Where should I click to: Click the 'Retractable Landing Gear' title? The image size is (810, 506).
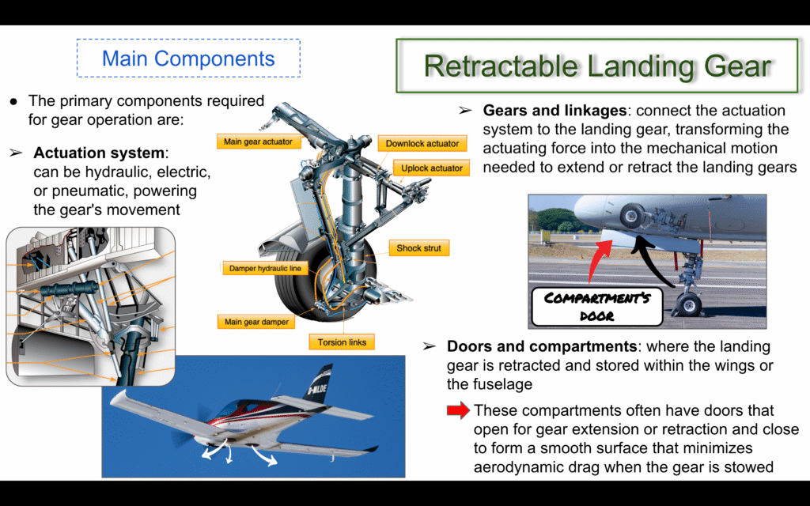pyautogui.click(x=597, y=66)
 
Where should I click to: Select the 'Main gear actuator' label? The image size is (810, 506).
pyautogui.click(x=259, y=142)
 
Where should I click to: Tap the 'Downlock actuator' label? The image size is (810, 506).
pyautogui.click(x=422, y=144)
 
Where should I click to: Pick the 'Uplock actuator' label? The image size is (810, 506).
pyautogui.click(x=432, y=168)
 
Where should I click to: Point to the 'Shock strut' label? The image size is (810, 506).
pyautogui.click(x=419, y=247)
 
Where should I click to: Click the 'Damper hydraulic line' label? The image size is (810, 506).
pyautogui.click(x=266, y=268)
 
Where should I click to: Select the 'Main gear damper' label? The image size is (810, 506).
pyautogui.click(x=257, y=322)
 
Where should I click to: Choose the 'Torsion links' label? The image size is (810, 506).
pyautogui.click(x=342, y=342)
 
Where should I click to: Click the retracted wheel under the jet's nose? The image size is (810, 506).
pyautogui.click(x=632, y=215)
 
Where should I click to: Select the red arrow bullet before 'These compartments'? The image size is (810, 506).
pyautogui.click(x=459, y=410)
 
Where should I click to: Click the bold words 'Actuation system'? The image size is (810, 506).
pyautogui.click(x=99, y=153)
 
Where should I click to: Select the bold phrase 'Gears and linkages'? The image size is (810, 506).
pyautogui.click(x=555, y=111)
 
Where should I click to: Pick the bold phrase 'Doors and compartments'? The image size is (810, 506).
pyautogui.click(x=542, y=346)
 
